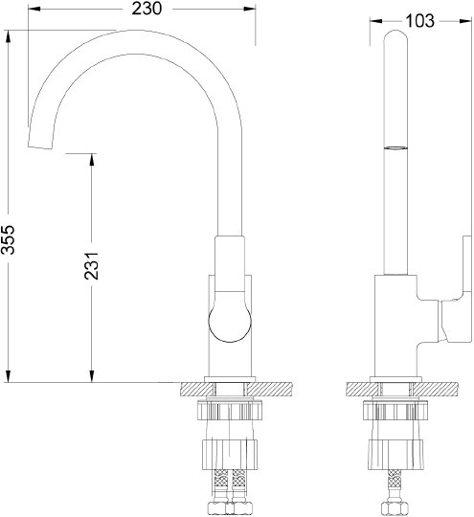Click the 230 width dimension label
(147, 9)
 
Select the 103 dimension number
(419, 21)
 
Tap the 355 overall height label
(8, 239)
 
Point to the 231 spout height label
(91, 266)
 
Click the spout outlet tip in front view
(40, 146)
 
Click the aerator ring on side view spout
(395, 147)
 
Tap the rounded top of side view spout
(395, 35)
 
